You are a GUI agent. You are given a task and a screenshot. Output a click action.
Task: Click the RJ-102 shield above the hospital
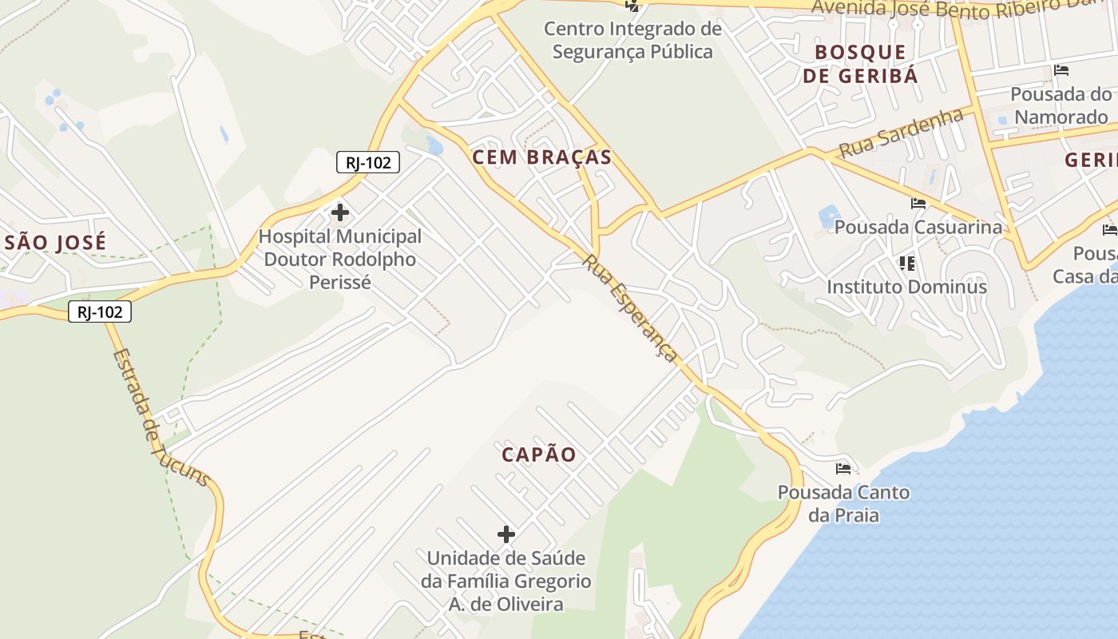(367, 163)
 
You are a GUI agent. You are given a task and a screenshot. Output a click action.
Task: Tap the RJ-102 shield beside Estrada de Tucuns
(100, 312)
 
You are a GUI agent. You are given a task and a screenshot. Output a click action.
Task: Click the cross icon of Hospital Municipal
(340, 212)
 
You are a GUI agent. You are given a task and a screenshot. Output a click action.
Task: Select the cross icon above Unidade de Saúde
(506, 534)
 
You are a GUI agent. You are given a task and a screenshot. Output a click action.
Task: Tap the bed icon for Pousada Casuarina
(918, 204)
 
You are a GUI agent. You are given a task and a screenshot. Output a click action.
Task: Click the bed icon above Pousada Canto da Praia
(843, 468)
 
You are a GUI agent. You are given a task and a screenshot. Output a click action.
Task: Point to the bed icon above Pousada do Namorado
(1061, 70)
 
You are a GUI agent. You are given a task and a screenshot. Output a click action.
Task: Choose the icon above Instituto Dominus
(906, 263)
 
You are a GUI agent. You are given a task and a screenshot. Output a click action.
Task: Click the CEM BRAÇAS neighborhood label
(542, 157)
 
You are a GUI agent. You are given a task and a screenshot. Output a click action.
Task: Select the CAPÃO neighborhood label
(539, 454)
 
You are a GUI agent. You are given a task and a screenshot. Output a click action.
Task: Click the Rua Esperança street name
(631, 308)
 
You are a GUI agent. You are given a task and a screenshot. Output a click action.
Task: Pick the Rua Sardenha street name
(902, 133)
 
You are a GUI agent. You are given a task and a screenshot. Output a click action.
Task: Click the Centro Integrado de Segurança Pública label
(632, 41)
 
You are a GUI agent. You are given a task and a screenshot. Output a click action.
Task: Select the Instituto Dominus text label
(906, 287)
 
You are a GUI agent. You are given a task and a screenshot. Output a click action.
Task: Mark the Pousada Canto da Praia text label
(843, 503)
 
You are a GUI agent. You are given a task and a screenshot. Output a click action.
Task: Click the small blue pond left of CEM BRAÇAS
(435, 146)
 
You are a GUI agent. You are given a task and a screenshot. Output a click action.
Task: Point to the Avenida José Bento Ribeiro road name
(958, 10)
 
